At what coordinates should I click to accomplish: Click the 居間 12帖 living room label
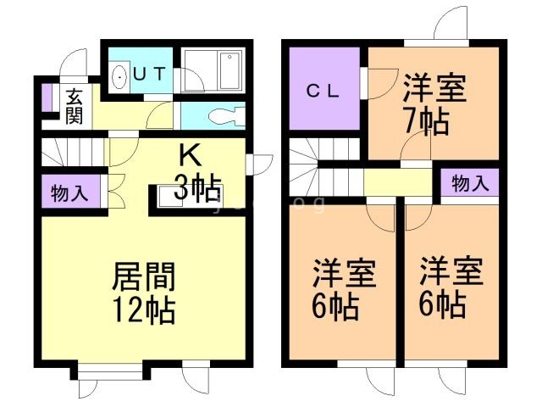click(144, 293)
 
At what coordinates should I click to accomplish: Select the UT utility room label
click(149, 74)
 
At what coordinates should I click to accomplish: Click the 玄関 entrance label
click(74, 104)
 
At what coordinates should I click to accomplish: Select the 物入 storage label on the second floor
click(468, 182)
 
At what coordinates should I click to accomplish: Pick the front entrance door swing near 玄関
click(75, 61)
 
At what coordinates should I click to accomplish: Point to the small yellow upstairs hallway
click(398, 182)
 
